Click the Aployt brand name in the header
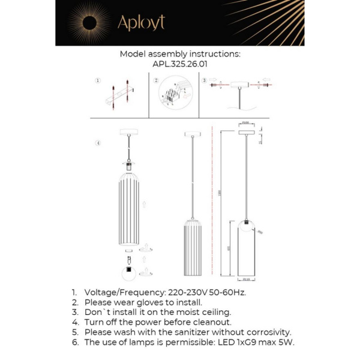click(141, 23)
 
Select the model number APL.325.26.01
click(179, 63)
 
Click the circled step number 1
click(98, 80)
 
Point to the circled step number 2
click(156, 80)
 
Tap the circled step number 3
click(205, 80)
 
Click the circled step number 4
click(98, 143)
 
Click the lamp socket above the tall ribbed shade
click(128, 163)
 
